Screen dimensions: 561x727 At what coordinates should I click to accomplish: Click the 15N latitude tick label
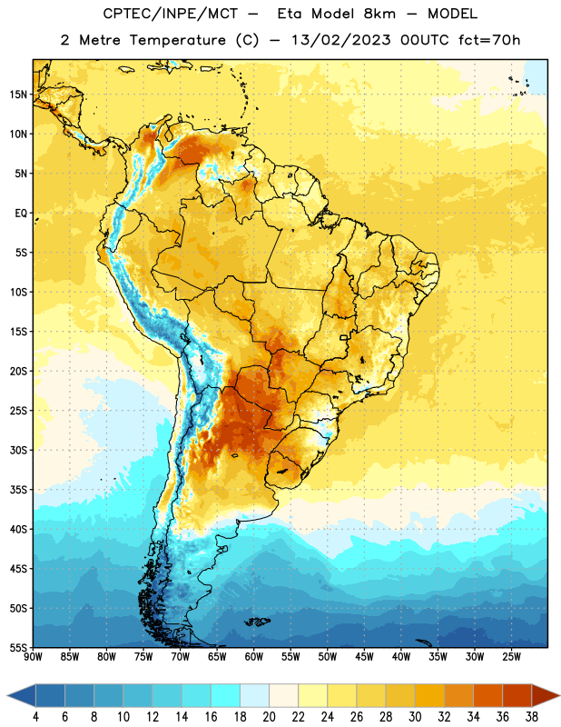[x=18, y=95]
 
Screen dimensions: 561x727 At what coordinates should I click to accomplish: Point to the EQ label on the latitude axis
[x=21, y=214]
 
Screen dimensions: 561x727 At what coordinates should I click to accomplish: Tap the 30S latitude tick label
[x=18, y=450]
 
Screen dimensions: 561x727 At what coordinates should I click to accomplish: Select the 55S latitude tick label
[x=18, y=648]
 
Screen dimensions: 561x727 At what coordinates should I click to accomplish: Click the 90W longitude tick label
[x=33, y=657]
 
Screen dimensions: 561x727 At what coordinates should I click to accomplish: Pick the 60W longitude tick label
[x=254, y=657]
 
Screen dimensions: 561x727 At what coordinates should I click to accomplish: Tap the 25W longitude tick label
[x=511, y=657]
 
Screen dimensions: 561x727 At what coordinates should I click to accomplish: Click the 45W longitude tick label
[x=364, y=657]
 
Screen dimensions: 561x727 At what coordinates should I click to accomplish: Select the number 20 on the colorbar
[x=269, y=717]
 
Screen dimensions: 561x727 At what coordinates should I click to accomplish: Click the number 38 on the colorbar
[x=532, y=717]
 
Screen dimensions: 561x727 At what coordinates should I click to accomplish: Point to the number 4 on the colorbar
[x=35, y=717]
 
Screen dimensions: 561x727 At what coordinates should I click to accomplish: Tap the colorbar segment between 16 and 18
[x=226, y=695]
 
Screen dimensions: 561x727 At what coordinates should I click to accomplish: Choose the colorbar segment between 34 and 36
[x=488, y=695]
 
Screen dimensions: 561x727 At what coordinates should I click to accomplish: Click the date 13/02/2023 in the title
[x=341, y=40]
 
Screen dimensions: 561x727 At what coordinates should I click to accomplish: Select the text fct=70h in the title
[x=489, y=40]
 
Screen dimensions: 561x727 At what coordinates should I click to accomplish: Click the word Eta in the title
[x=290, y=14]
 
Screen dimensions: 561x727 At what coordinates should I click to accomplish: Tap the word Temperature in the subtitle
[x=178, y=40]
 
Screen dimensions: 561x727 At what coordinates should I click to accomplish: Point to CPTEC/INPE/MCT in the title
[x=170, y=14]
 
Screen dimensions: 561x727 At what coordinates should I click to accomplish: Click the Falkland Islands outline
[x=258, y=622]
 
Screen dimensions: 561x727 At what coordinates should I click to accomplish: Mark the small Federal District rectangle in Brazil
[x=344, y=337]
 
